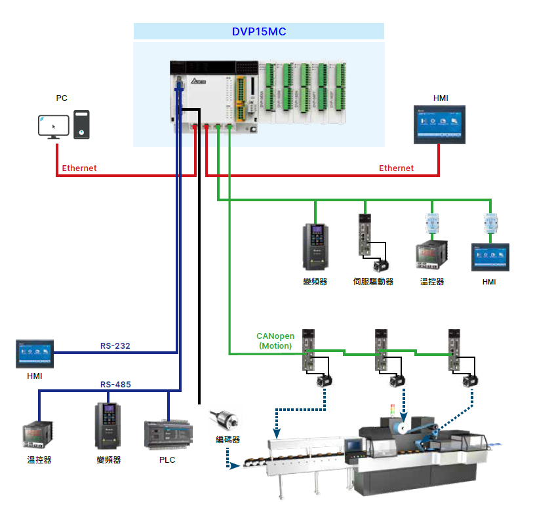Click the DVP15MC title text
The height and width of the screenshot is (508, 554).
tap(259, 31)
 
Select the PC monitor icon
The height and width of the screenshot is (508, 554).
tap(53, 126)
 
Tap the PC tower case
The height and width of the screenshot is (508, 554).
tap(81, 125)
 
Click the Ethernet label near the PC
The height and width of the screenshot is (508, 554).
tap(79, 168)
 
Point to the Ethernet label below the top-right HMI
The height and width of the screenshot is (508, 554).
tap(396, 168)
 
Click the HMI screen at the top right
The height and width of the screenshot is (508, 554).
tap(439, 123)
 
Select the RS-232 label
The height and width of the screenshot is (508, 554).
tap(115, 345)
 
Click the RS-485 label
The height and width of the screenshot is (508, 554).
tap(115, 385)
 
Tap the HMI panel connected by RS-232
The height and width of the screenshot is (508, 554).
tap(35, 353)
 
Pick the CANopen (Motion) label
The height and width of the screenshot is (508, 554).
tap(275, 341)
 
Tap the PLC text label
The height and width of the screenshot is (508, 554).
tap(167, 460)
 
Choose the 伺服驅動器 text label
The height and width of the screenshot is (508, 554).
tap(372, 282)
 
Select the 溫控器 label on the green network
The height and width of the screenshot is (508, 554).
tap(432, 282)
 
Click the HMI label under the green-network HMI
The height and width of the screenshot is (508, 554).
tap(488, 282)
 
